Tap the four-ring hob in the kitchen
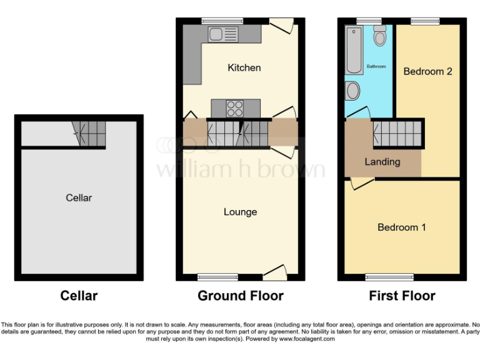236,109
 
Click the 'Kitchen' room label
244,67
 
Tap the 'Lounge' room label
240,212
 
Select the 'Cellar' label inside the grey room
79,197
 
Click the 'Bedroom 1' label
401,227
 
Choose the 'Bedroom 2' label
427,71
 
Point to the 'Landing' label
382,162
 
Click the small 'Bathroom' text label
376,66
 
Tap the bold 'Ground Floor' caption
241,296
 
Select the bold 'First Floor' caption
402,296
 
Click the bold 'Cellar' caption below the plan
79,296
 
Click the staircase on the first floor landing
397,134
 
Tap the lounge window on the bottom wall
210,276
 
